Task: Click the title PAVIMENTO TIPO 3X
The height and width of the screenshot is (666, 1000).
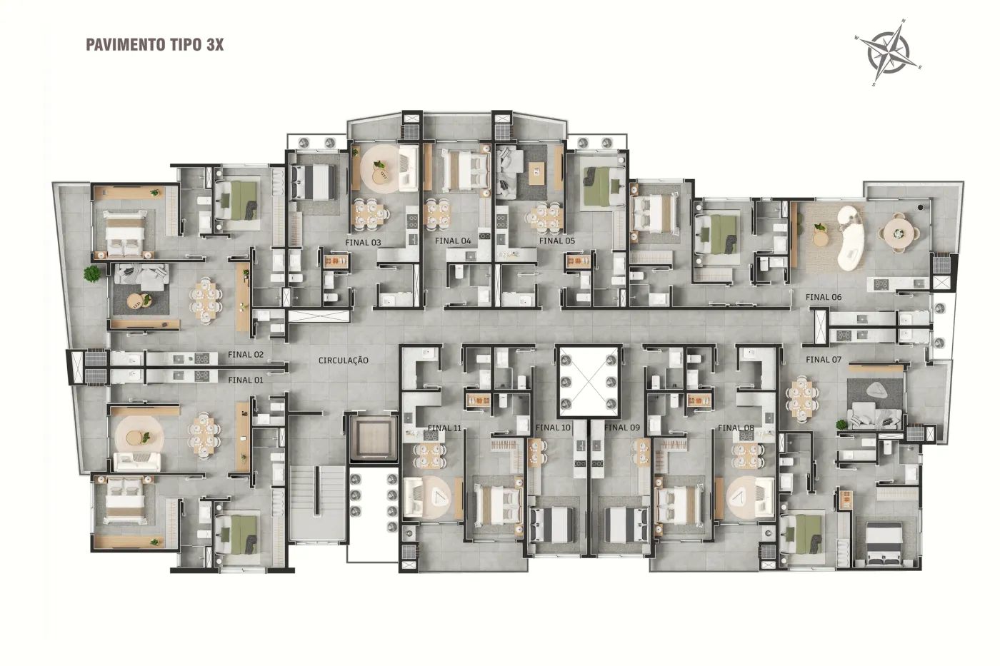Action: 154,45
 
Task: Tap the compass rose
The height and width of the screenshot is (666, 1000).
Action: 888,53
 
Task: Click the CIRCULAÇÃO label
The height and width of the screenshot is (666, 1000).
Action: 344,360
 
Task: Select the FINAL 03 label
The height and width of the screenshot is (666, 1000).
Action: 363,243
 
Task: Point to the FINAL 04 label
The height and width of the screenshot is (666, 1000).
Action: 453,241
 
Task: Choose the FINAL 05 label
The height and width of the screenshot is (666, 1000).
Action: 556,241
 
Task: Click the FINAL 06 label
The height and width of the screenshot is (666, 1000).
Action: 823,297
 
